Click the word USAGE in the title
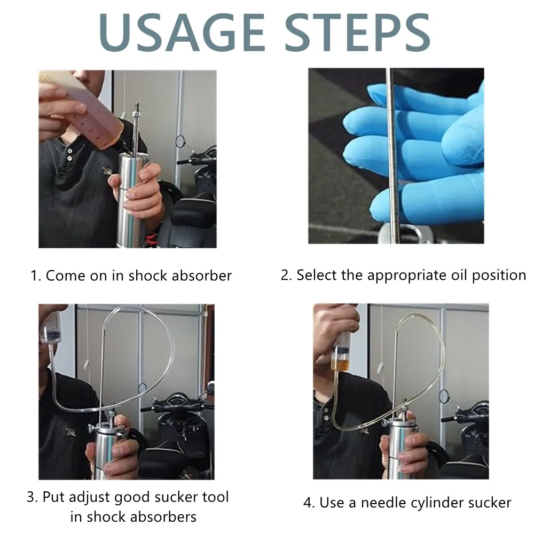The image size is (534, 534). coord(182,33)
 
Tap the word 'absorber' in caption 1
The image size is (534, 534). coord(202,276)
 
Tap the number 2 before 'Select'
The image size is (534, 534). coord(285,275)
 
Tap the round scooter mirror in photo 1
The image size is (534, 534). coord(180,142)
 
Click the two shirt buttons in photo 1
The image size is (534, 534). coord(69,154)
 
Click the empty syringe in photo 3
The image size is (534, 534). coord(51,328)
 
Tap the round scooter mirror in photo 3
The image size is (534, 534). coord(143,388)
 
